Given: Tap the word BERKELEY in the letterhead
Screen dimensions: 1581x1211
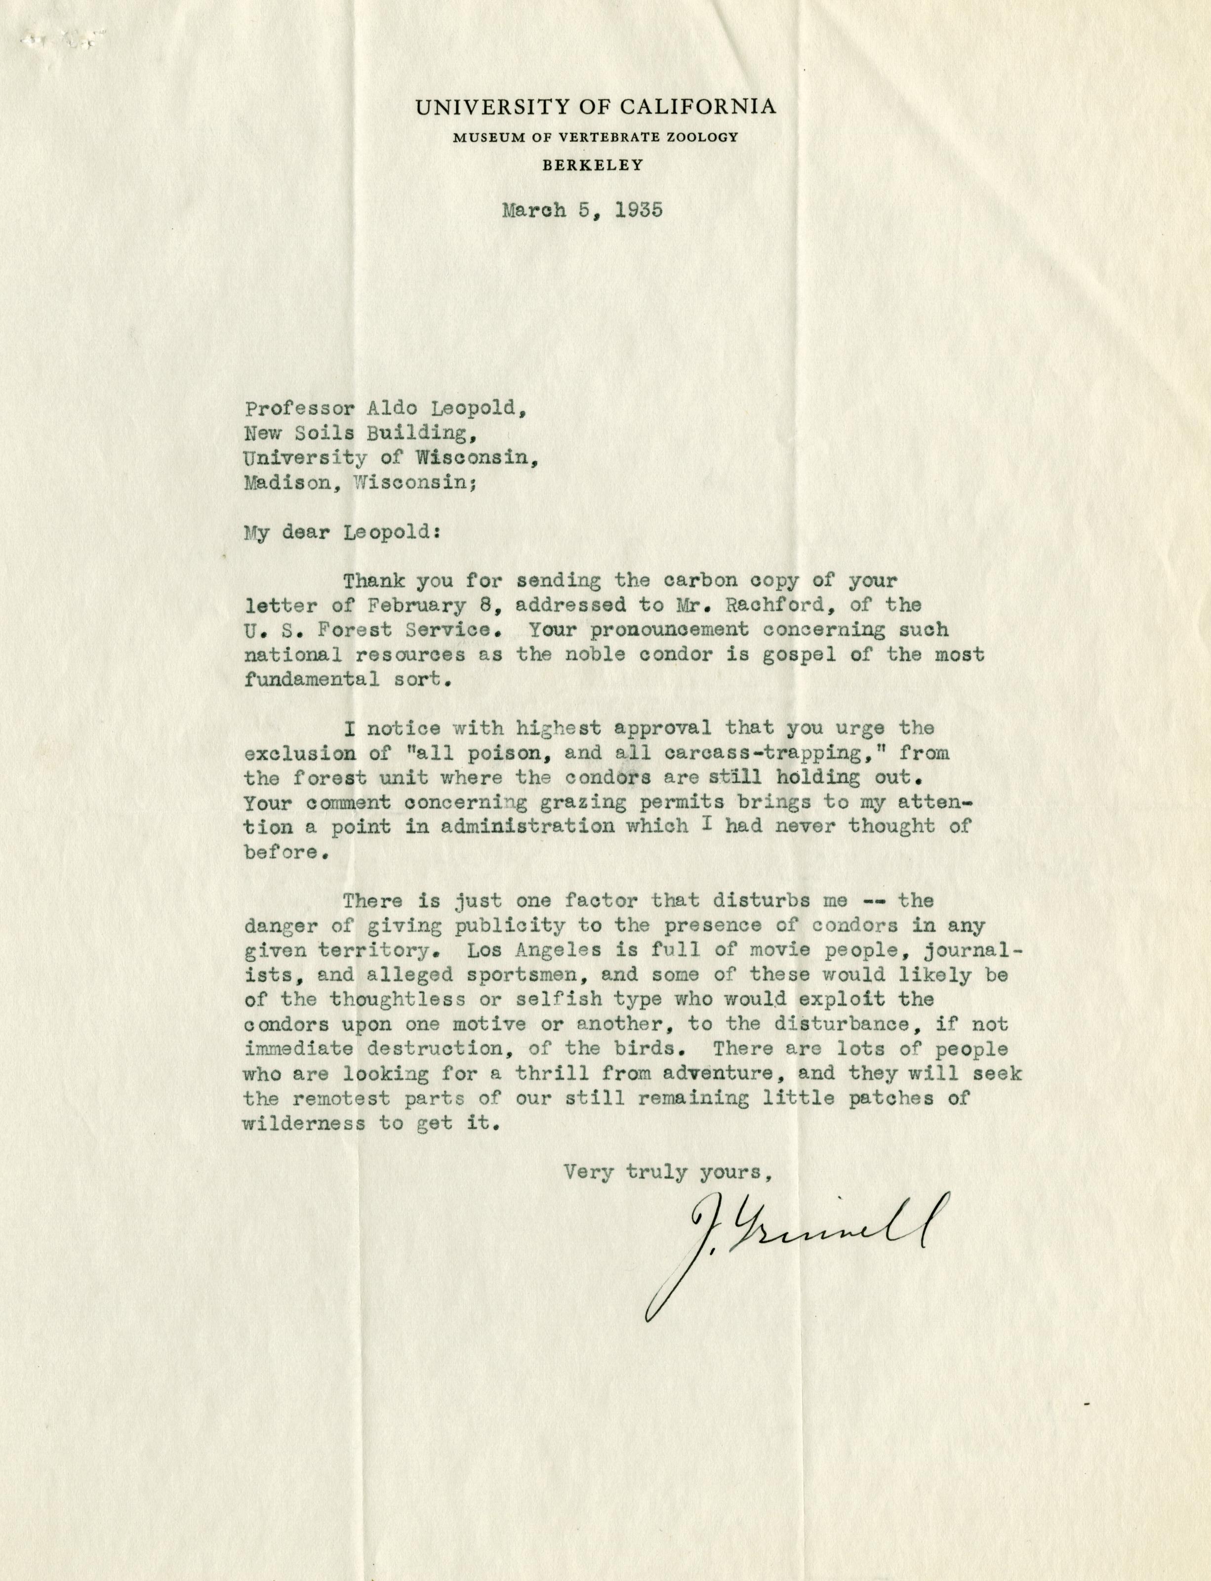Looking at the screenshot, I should tap(593, 165).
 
